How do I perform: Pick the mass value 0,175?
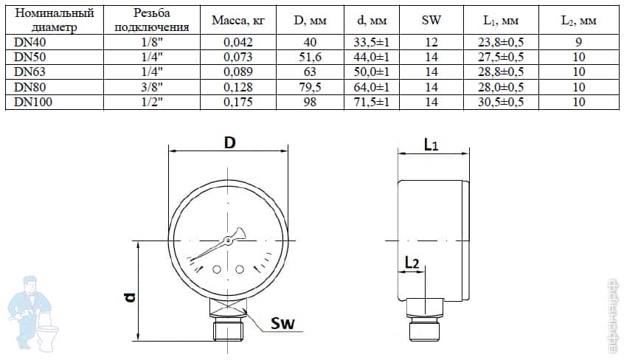(x=238, y=102)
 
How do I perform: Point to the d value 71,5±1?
(x=372, y=102)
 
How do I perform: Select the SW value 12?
(x=431, y=43)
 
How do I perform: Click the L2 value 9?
(x=578, y=43)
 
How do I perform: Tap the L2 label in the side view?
(x=412, y=263)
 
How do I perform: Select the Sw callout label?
(x=284, y=323)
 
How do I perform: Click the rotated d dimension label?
(x=130, y=297)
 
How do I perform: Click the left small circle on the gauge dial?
(x=217, y=270)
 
